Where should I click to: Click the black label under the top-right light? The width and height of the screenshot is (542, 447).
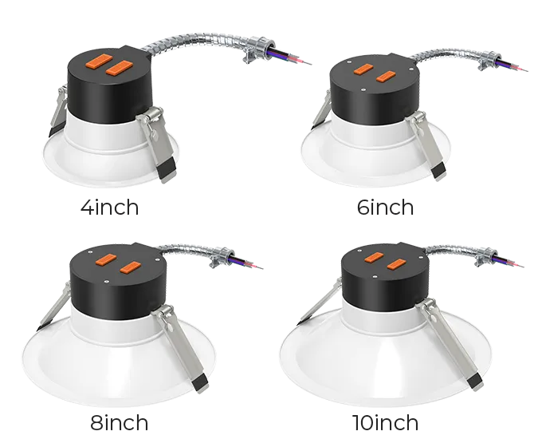pyautogui.click(x=384, y=209)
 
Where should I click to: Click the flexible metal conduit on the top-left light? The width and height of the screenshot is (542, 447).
pyautogui.click(x=207, y=36)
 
